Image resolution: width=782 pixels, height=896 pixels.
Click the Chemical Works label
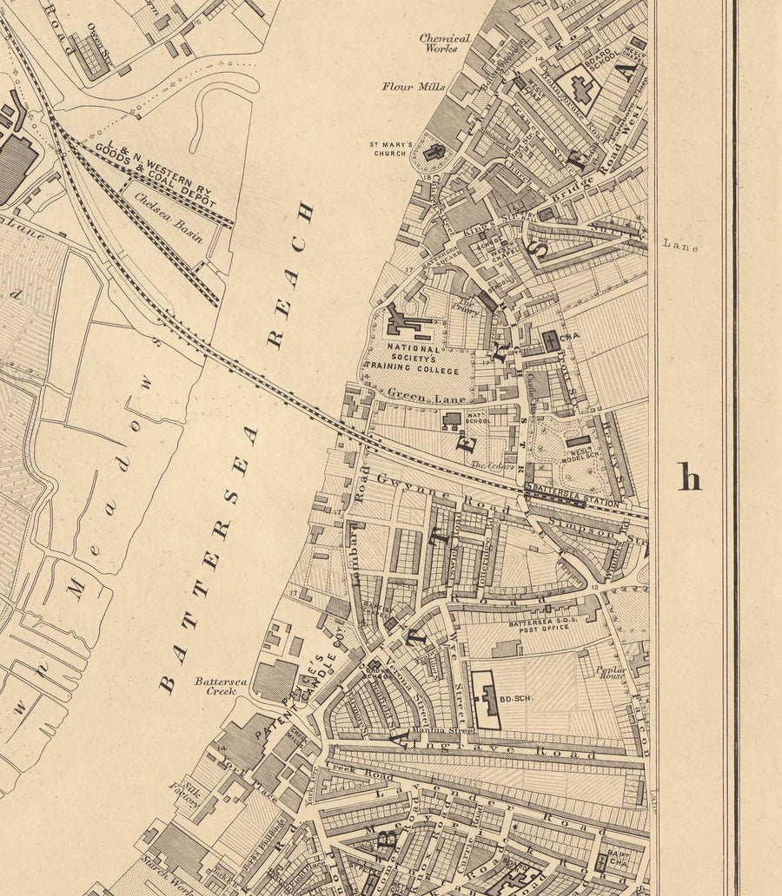point(445,43)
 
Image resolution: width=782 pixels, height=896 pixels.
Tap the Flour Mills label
point(414,87)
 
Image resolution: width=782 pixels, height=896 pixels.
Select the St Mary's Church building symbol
point(435,151)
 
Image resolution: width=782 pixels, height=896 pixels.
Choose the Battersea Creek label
point(221,687)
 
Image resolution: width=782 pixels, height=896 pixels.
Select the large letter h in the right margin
point(689,477)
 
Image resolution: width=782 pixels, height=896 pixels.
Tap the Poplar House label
point(610,675)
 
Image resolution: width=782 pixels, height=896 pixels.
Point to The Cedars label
point(487,465)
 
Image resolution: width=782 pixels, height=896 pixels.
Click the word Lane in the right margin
point(680,246)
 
